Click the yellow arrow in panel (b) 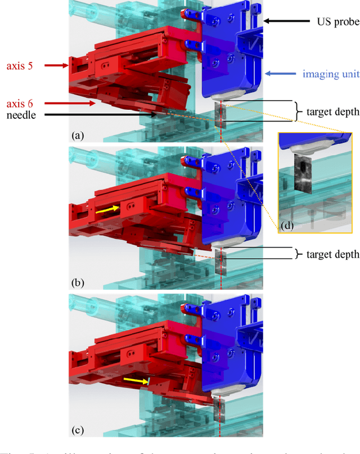[x=106, y=210]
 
